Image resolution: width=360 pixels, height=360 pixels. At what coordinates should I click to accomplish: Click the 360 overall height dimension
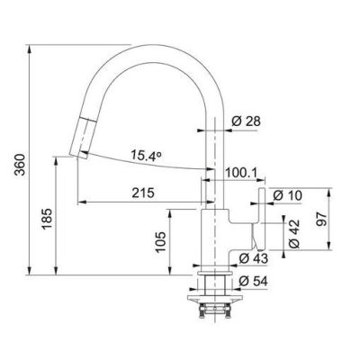point(20,165)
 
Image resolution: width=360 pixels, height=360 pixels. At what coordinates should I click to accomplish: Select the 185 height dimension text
point(47,219)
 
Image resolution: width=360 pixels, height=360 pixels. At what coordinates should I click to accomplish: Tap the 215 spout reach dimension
point(143,193)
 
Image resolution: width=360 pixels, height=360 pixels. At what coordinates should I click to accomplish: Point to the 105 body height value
point(161,242)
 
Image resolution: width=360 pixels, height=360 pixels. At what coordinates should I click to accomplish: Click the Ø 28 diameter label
point(247,121)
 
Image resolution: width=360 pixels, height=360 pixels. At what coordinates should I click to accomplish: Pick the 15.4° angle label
point(146,156)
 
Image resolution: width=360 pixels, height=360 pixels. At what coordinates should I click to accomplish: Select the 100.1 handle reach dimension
point(241,173)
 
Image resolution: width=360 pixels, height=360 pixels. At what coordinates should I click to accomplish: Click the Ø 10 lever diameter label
point(287,195)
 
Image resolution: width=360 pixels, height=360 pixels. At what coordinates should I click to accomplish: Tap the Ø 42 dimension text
point(294,233)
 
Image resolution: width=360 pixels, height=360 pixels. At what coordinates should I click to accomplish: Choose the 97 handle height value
point(320,220)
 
